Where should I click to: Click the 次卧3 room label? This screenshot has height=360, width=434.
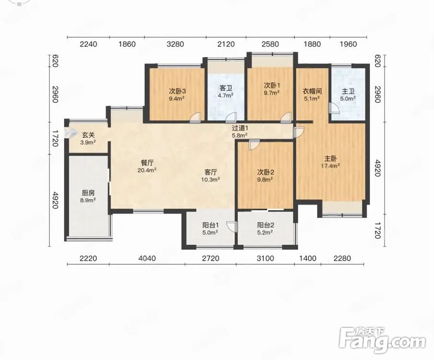(x=177, y=91)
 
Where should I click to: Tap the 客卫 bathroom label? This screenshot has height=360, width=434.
(x=225, y=88)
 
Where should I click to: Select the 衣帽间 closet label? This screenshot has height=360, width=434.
(x=312, y=91)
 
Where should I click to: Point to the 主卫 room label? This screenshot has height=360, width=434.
(x=348, y=92)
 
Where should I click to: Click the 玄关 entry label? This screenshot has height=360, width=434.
(x=88, y=135)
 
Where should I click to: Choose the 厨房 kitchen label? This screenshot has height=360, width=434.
(x=88, y=193)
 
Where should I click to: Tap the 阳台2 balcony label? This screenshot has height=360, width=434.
(x=266, y=225)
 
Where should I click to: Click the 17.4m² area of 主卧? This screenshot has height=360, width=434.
(x=330, y=166)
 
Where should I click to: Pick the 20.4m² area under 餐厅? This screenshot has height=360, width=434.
(x=147, y=170)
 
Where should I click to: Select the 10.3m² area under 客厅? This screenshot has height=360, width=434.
(x=211, y=180)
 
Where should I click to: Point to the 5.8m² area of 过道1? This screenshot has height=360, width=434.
(x=239, y=135)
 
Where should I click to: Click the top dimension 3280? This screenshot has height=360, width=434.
(x=176, y=44)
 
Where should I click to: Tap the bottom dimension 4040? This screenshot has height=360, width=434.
(x=147, y=258)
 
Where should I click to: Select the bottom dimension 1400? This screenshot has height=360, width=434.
(x=308, y=258)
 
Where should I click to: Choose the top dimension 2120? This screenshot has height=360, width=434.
(x=226, y=44)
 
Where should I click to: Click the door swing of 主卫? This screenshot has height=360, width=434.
(x=334, y=108)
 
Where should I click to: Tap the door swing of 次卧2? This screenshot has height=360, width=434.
(x=254, y=144)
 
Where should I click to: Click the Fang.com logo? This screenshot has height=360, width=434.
(x=382, y=341)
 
